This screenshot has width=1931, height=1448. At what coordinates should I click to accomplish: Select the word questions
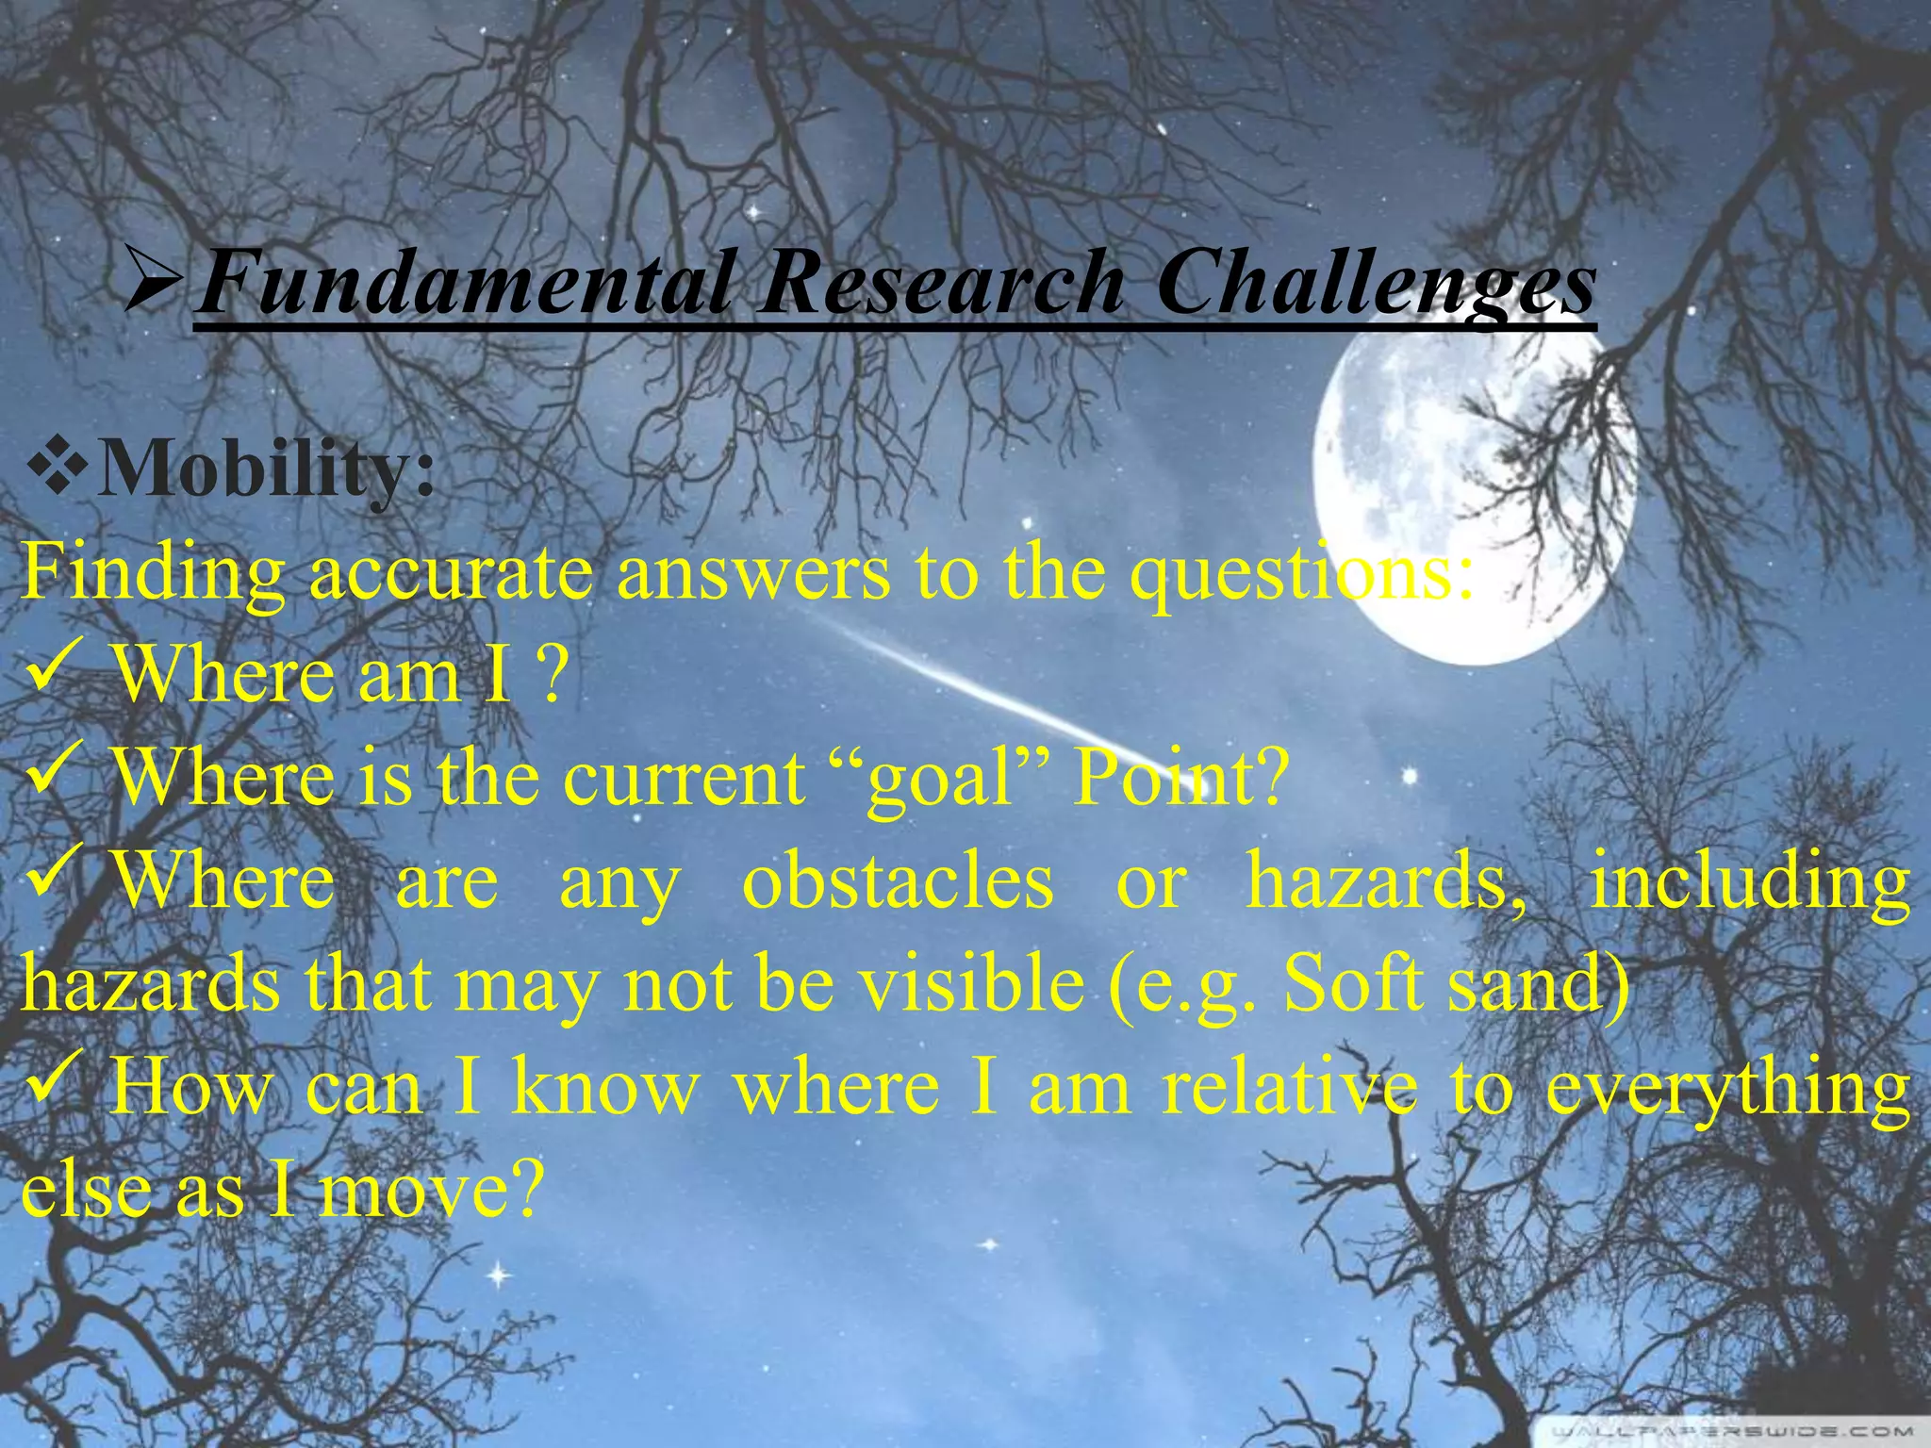click(x=1301, y=575)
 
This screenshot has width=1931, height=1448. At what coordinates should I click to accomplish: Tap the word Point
click(x=1179, y=779)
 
